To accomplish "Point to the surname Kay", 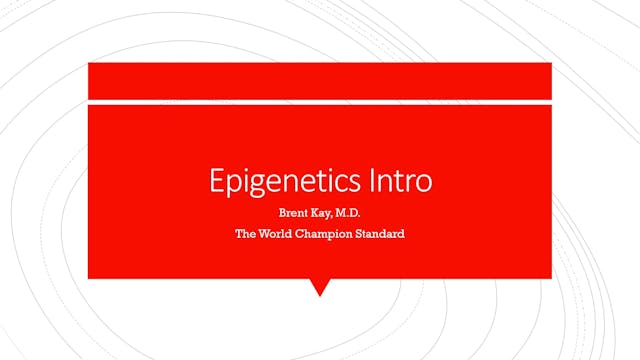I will tap(322, 212).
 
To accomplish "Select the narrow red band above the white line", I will tap(320, 80).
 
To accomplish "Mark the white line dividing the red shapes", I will tap(320, 101).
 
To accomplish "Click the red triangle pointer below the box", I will tap(320, 287).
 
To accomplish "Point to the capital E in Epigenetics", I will tap(215, 181).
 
